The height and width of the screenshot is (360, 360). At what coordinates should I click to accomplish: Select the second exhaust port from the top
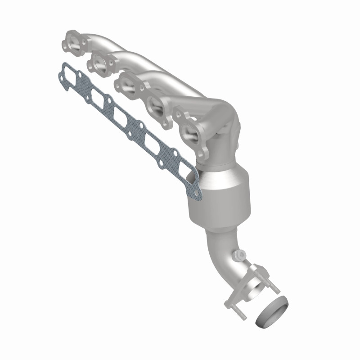click(x=102, y=63)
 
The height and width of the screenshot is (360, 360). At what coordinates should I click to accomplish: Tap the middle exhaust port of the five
click(x=128, y=85)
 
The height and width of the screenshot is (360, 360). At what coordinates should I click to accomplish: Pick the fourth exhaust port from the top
click(x=157, y=108)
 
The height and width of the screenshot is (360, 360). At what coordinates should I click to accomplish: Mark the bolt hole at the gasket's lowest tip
click(x=195, y=195)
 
